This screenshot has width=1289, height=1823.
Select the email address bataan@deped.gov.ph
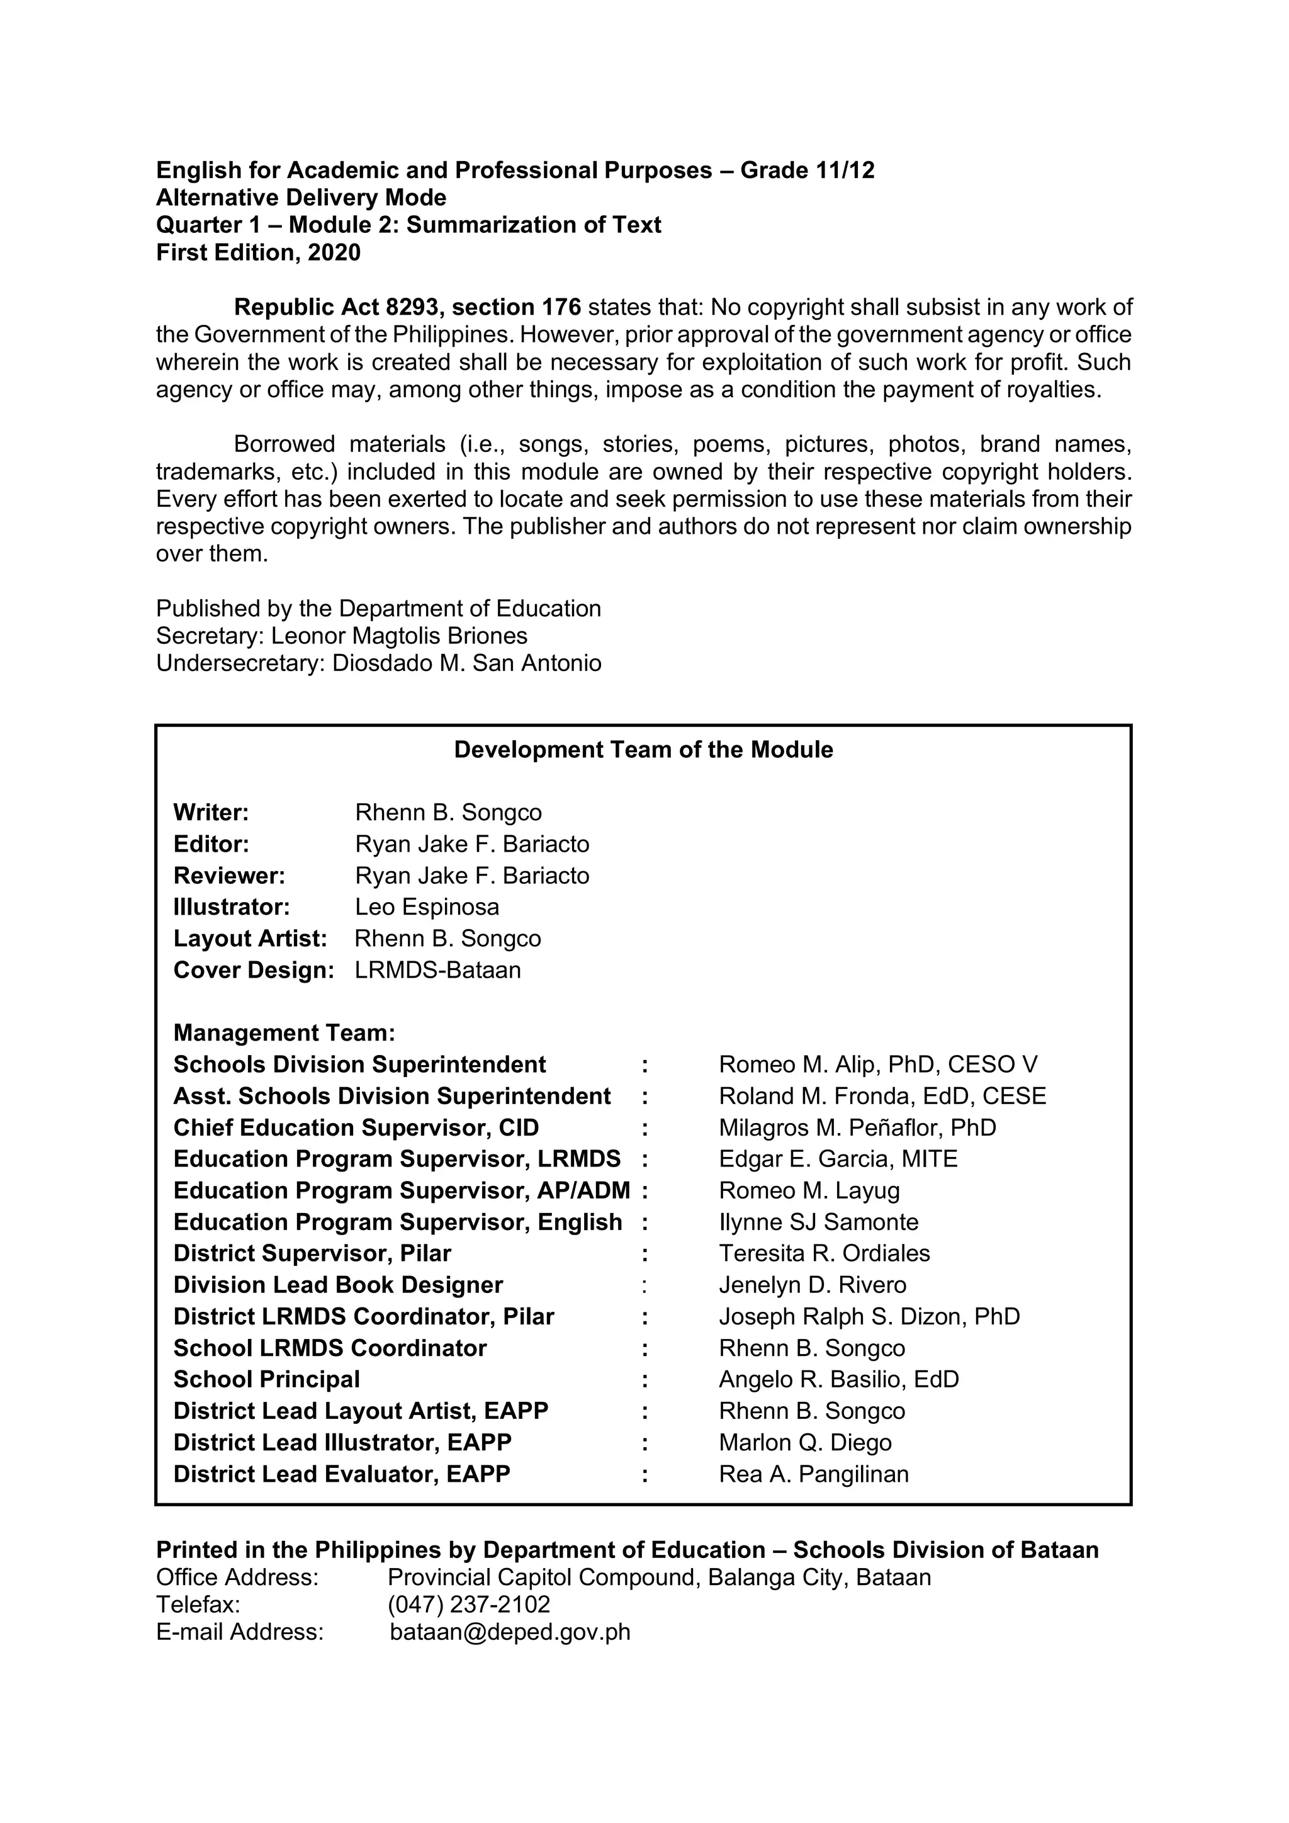pos(510,1632)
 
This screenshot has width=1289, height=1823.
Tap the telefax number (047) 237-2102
pos(468,1605)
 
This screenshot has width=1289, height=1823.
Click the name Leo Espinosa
pos(427,906)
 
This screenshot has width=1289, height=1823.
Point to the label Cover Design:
pos(253,970)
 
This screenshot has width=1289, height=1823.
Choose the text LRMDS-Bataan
pos(437,970)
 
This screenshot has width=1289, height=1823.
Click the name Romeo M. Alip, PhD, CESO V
pos(878,1064)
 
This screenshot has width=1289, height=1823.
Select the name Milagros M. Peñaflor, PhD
pos(857,1127)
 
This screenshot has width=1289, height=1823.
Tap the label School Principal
pos(267,1379)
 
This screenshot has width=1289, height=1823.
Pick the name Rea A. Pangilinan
pos(814,1474)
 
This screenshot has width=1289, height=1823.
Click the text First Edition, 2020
pos(258,252)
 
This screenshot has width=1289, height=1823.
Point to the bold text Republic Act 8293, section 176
pos(407,307)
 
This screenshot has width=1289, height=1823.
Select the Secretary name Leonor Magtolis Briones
pos(398,636)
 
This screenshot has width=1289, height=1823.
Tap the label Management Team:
pos(284,1033)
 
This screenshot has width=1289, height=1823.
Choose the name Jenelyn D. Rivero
pos(812,1285)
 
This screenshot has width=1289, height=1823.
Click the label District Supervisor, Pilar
pos(312,1254)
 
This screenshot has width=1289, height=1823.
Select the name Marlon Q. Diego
pos(805,1443)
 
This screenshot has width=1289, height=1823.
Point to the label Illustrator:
pos(231,906)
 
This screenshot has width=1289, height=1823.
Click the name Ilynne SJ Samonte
pos(818,1222)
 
